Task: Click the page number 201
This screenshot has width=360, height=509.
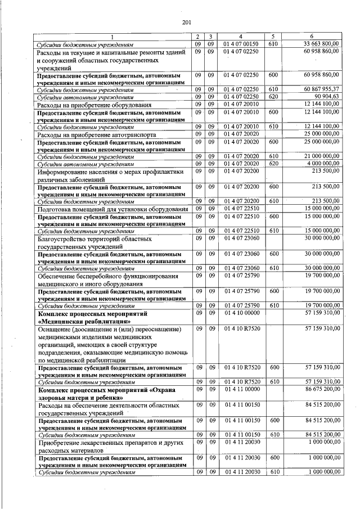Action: click(x=187, y=22)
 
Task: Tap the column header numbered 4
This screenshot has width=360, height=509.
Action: click(x=240, y=37)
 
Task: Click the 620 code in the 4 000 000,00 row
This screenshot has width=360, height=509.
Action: click(x=273, y=164)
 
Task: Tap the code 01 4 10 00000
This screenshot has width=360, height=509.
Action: click(x=240, y=312)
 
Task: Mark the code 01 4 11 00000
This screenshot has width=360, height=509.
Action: click(x=240, y=389)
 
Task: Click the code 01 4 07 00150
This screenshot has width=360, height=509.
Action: click(x=240, y=43)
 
